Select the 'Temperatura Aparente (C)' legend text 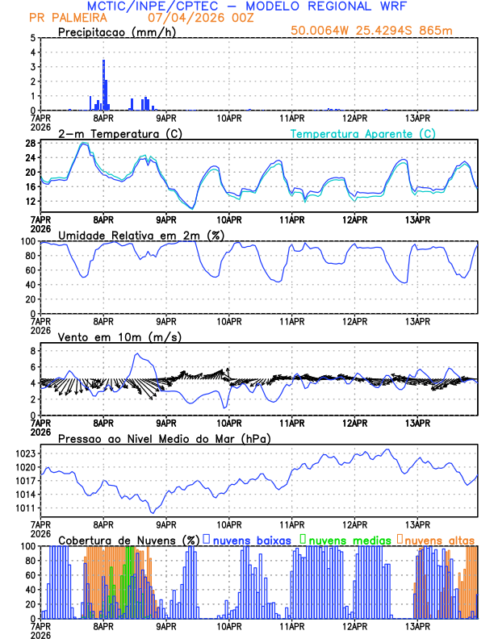click(x=362, y=133)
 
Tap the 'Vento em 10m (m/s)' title click(x=108, y=336)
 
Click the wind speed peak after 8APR click(x=137, y=354)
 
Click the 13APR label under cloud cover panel click(x=417, y=626)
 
